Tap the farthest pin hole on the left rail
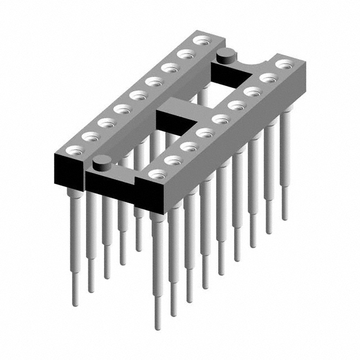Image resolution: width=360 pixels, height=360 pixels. click(x=201, y=40)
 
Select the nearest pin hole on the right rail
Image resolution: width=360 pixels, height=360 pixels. click(x=157, y=175)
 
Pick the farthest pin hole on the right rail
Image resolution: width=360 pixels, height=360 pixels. click(x=284, y=64)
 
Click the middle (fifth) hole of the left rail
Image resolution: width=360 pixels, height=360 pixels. click(x=137, y=95)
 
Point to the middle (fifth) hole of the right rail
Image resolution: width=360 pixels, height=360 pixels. click(x=220, y=119)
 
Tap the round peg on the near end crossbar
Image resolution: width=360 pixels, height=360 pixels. click(x=101, y=163)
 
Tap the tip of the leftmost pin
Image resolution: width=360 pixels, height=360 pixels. click(x=75, y=303)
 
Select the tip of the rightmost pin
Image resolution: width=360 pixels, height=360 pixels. click(x=285, y=217)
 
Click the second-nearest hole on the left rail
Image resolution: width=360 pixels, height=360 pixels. click(x=89, y=136)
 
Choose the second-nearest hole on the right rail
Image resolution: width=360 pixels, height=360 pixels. click(x=173, y=161)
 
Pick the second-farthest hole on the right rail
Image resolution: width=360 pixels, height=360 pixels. click(x=268, y=78)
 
